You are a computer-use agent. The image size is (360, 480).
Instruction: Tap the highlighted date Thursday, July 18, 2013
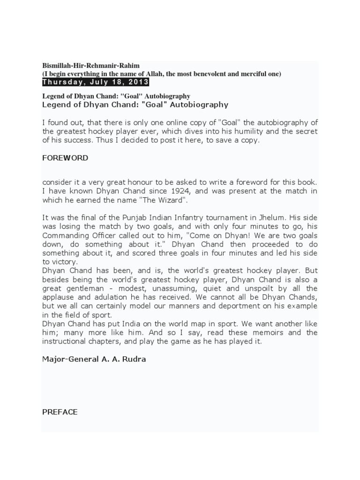[x=96, y=82]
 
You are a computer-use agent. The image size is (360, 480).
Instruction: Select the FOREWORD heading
[x=65, y=158]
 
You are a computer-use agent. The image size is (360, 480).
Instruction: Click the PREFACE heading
[x=60, y=412]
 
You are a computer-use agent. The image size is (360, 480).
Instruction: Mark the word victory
[x=65, y=262]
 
